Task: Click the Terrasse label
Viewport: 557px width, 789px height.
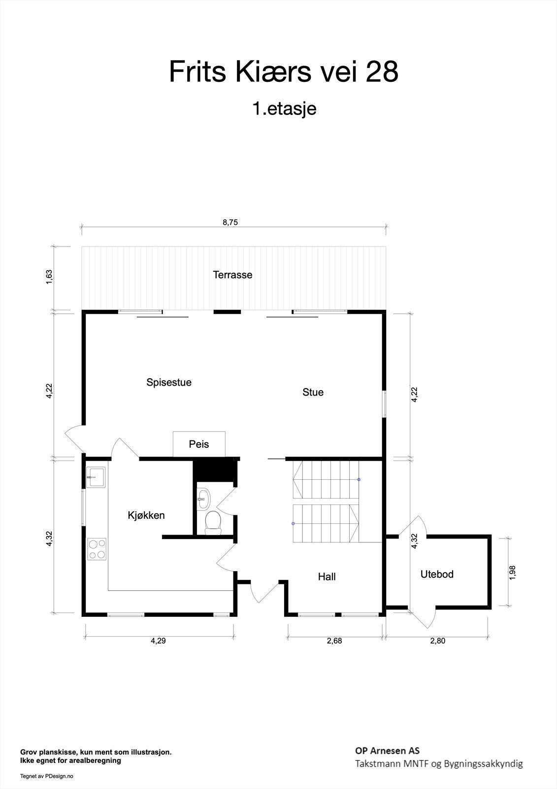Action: pyautogui.click(x=232, y=275)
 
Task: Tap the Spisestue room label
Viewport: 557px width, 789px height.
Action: pyautogui.click(x=169, y=383)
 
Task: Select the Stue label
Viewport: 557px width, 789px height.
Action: pyautogui.click(x=313, y=393)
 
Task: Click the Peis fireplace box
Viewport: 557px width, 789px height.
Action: pyautogui.click(x=199, y=444)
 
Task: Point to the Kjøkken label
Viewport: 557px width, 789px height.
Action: pyautogui.click(x=146, y=516)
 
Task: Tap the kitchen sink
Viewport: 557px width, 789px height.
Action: pyautogui.click(x=96, y=477)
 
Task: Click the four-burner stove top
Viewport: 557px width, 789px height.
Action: pyautogui.click(x=97, y=549)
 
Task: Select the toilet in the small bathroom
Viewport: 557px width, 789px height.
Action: pyautogui.click(x=213, y=523)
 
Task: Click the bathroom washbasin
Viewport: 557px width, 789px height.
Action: pyautogui.click(x=203, y=499)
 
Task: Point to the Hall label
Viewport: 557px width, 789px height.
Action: pyautogui.click(x=327, y=577)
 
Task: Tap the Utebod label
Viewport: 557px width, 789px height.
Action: pyautogui.click(x=437, y=574)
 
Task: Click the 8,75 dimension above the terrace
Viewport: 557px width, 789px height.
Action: pyautogui.click(x=230, y=222)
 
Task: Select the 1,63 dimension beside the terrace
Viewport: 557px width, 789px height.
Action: pyautogui.click(x=49, y=278)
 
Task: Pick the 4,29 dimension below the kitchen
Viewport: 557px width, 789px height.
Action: pyautogui.click(x=159, y=641)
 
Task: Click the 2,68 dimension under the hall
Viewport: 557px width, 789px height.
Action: pyautogui.click(x=334, y=641)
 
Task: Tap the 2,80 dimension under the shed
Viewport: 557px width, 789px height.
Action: pyautogui.click(x=438, y=641)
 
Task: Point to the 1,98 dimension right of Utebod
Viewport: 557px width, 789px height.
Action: pyautogui.click(x=512, y=573)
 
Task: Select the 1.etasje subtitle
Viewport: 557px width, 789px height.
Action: pyautogui.click(x=285, y=109)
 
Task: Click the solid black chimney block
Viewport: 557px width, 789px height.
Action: pyautogui.click(x=214, y=470)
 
